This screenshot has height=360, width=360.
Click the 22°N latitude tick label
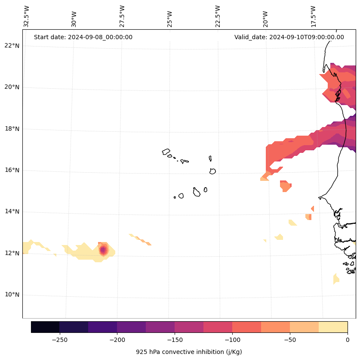tap(12, 46)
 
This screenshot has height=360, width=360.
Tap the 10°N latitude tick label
tap(12, 295)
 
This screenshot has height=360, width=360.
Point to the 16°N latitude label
tap(12, 170)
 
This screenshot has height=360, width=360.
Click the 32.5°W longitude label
tap(27, 16)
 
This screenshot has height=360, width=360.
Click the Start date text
tap(83, 37)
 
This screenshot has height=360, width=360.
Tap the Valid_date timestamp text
tap(289, 37)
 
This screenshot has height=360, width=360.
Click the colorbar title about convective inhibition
tap(189, 352)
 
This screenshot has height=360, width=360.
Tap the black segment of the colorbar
tap(45, 327)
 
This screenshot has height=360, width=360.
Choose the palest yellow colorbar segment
tap(333, 327)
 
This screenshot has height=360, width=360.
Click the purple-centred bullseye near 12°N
tap(103, 250)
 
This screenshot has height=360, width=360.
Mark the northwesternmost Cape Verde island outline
tap(166, 152)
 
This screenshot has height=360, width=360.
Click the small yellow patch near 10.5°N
tap(336, 279)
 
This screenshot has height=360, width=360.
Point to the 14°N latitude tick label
tap(12, 211)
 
